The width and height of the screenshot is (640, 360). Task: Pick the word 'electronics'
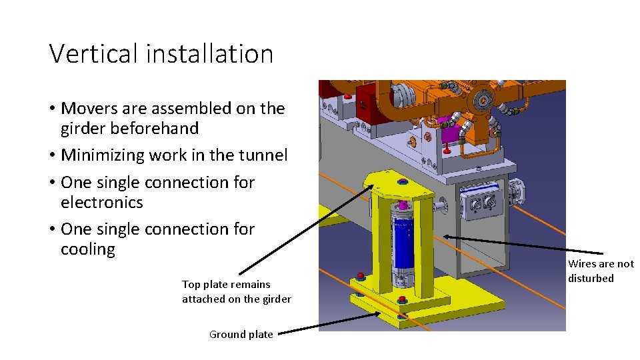(101, 202)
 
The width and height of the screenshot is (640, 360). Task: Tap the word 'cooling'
(88, 249)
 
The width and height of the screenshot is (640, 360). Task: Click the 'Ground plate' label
(241, 335)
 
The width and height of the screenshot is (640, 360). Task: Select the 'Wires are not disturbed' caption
(600, 271)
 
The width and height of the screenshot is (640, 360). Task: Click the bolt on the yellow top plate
(401, 182)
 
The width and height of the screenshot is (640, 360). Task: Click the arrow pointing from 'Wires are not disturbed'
(507, 244)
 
